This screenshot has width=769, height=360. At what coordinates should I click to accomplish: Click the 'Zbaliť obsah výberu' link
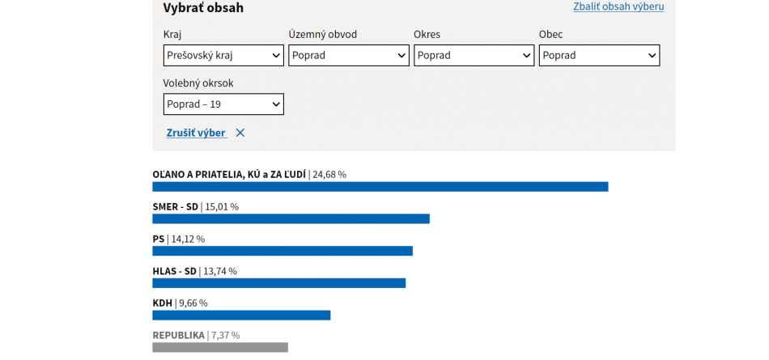click(618, 6)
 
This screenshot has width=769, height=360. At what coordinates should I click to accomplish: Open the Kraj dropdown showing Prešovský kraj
click(223, 56)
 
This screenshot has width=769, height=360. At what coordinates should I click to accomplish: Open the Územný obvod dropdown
click(349, 56)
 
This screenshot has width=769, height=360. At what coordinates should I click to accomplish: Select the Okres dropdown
click(474, 56)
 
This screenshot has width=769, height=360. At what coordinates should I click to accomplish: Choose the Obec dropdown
click(599, 56)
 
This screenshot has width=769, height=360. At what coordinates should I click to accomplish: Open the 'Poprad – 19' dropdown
click(223, 104)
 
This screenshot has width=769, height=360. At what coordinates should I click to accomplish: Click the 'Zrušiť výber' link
click(196, 133)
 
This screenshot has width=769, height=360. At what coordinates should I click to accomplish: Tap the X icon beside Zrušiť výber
click(240, 133)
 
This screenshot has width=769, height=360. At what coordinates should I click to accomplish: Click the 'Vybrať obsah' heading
click(203, 8)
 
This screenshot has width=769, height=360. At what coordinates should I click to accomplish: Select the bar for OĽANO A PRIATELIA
click(380, 187)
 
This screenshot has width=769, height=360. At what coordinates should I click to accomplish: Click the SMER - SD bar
click(291, 219)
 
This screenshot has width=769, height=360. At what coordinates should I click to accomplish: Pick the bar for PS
click(283, 251)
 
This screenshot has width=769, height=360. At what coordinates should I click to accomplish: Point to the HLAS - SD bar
click(278, 283)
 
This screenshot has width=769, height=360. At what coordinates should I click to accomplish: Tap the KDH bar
click(241, 316)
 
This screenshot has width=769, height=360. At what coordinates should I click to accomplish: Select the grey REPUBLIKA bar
click(220, 347)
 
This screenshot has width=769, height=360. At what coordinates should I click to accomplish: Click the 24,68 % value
click(329, 174)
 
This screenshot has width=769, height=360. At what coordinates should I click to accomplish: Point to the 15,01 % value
click(222, 206)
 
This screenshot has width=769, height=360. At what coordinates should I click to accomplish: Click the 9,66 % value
click(193, 303)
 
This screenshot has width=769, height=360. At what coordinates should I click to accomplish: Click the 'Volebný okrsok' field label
click(198, 83)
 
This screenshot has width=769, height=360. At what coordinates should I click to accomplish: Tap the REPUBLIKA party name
click(178, 335)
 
